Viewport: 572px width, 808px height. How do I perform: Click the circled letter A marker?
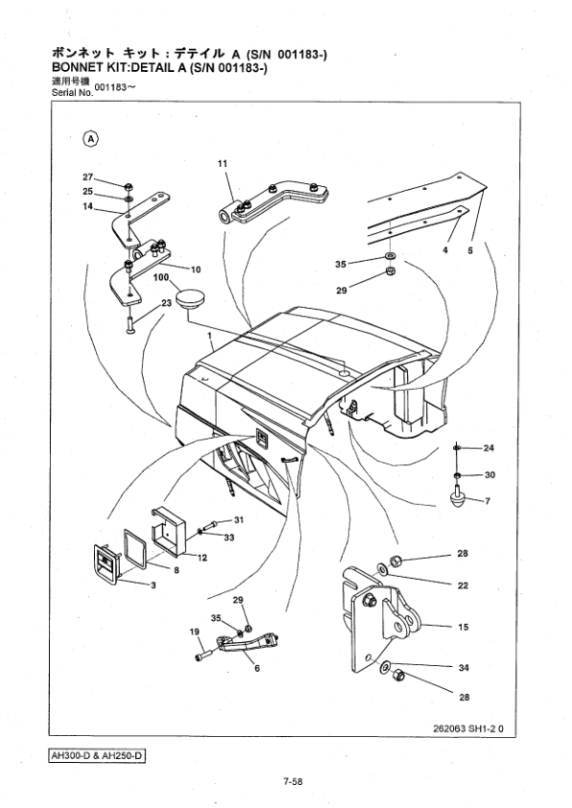[x=91, y=138]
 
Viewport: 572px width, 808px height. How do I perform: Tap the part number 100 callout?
[x=161, y=277]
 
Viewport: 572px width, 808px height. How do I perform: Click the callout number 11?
[x=222, y=164]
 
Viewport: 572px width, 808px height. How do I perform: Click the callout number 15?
[x=464, y=628]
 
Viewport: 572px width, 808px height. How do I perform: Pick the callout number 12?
[x=203, y=558]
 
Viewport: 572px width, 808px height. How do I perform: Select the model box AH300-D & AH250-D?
[x=97, y=756]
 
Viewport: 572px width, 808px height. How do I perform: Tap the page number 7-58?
[x=292, y=782]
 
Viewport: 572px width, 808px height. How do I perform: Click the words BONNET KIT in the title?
[x=86, y=68]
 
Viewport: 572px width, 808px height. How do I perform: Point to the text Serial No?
[x=72, y=93]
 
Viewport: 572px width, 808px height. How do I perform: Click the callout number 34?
[x=464, y=668]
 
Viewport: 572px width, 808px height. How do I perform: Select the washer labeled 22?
[x=383, y=568]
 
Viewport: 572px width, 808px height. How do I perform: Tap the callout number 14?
[x=87, y=206]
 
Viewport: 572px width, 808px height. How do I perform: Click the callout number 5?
[x=470, y=250]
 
